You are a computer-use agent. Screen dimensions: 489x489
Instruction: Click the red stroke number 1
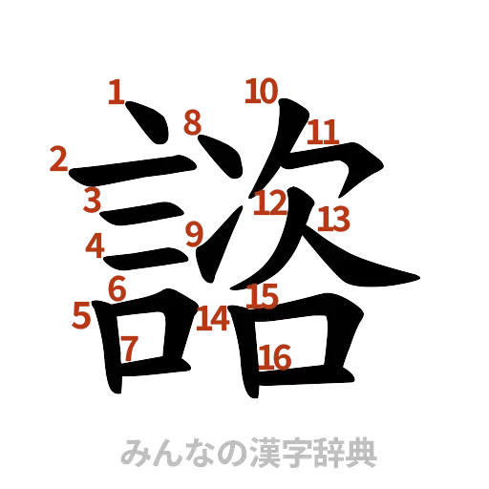point(115,93)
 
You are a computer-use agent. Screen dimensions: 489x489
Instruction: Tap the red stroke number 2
point(59,159)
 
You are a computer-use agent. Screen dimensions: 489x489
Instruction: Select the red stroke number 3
point(92,201)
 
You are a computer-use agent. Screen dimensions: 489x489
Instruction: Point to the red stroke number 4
point(95,245)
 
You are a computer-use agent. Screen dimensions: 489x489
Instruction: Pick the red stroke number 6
point(117,287)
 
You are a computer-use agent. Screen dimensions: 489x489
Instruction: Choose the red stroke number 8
point(193,121)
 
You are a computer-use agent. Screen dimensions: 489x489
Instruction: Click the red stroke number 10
point(261,92)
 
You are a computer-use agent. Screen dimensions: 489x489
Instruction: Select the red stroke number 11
point(323,131)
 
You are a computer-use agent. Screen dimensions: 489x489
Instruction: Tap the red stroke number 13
point(334,219)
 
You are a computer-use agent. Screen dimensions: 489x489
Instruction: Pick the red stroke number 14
point(213,319)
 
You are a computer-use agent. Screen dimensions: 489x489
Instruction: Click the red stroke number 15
point(263,296)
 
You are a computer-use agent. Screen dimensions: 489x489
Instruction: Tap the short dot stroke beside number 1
point(143,121)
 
